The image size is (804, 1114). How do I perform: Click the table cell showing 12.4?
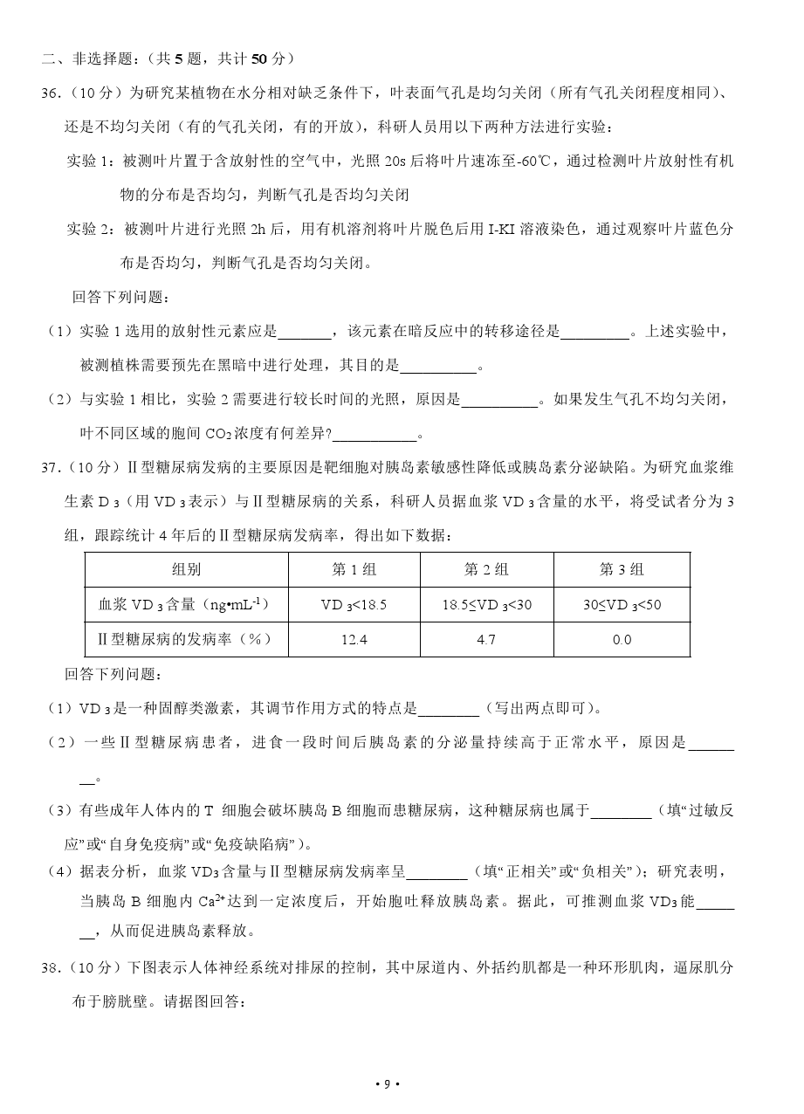point(354,640)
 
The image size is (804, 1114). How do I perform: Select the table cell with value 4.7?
point(486,640)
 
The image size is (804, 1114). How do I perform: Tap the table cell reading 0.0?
point(622,640)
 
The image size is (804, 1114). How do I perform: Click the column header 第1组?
point(354,569)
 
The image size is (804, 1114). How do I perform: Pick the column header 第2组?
point(486,569)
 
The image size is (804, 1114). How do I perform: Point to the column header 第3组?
point(622,569)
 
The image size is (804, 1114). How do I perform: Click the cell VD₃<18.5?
point(354,604)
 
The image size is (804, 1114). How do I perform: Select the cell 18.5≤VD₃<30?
point(486,604)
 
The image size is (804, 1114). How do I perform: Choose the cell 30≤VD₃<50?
point(622,604)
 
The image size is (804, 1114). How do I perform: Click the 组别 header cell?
point(186,569)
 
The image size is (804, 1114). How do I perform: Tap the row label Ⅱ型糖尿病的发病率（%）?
point(186,640)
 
